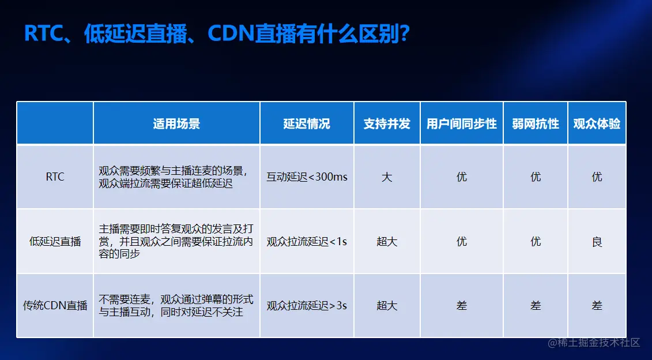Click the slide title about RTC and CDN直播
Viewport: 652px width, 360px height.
(217, 34)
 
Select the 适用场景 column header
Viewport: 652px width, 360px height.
(176, 123)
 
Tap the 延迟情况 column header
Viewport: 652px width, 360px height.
(307, 123)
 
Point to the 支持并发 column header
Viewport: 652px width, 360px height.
(387, 123)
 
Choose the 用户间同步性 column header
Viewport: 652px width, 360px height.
(461, 123)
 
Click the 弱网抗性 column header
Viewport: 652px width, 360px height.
(536, 123)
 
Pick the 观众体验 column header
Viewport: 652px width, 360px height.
(597, 123)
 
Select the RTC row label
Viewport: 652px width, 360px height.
(55, 177)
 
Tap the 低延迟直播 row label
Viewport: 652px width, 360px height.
(55, 241)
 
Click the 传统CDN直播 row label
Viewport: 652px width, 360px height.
(55, 305)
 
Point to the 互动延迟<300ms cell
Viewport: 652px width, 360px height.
(307, 177)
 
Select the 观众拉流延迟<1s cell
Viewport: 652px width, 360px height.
(307, 241)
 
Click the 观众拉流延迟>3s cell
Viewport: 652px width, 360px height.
(307, 305)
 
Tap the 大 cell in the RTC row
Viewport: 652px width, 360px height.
(387, 177)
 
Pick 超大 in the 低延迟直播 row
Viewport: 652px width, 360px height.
(387, 241)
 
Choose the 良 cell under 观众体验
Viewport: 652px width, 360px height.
(597, 241)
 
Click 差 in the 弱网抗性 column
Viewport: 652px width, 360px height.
(536, 305)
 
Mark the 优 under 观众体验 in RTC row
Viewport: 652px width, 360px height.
(597, 177)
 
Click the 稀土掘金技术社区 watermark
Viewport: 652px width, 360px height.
(594, 343)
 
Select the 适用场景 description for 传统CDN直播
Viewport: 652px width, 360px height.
(176, 305)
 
